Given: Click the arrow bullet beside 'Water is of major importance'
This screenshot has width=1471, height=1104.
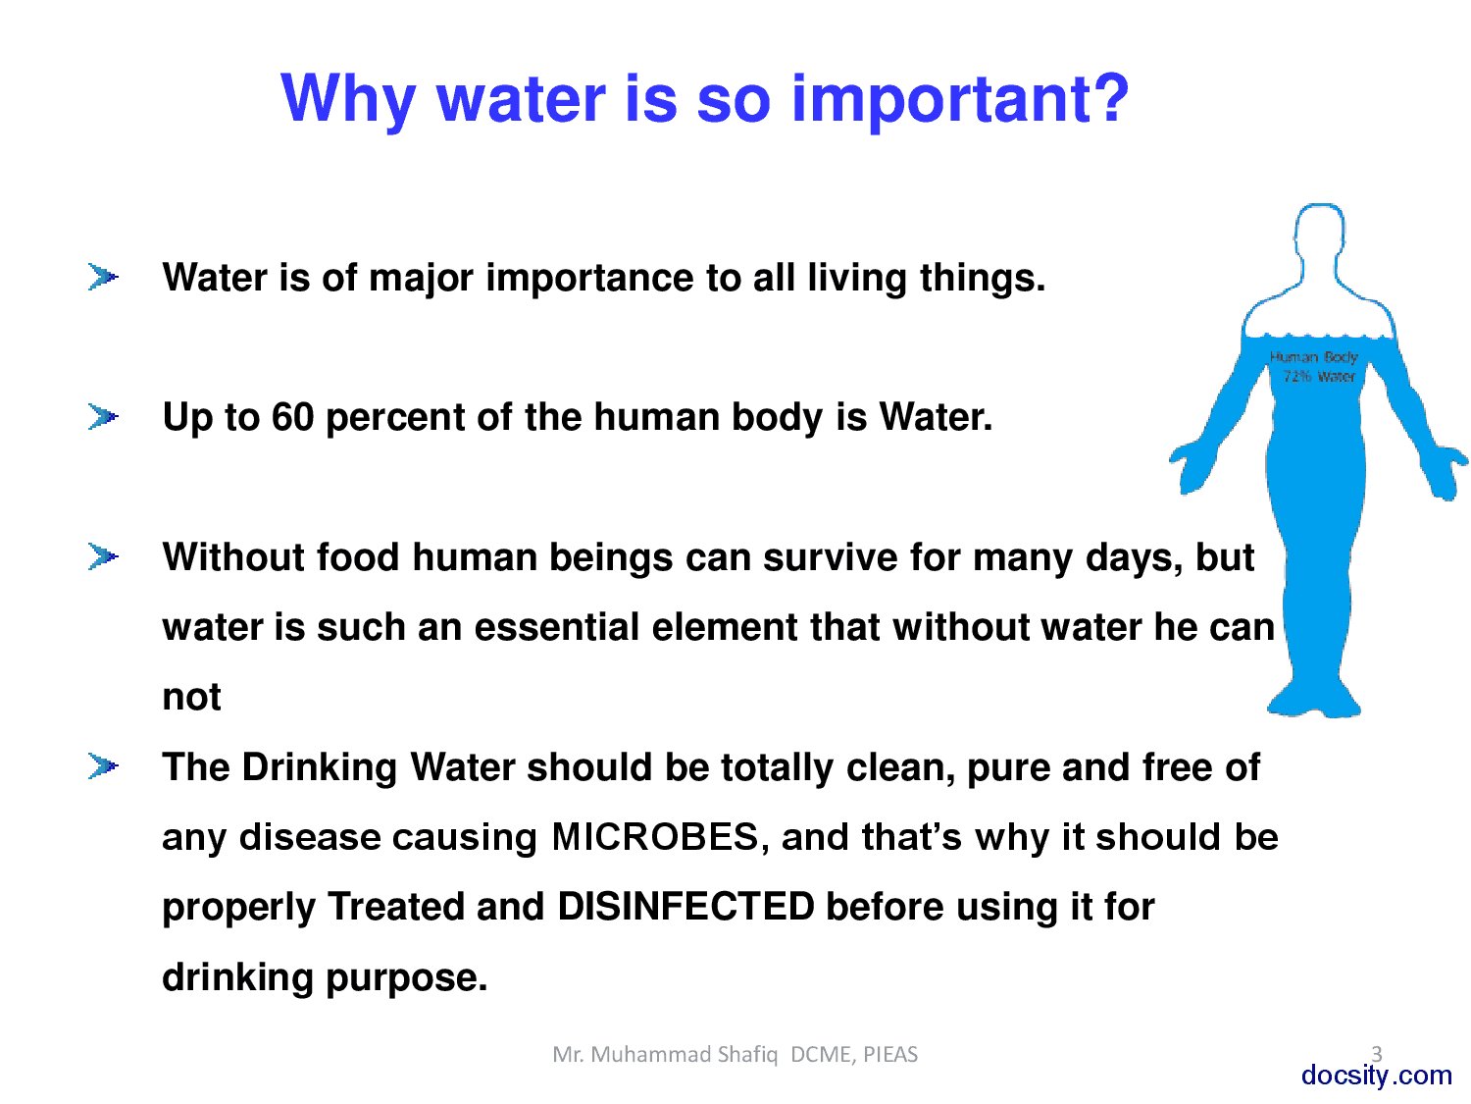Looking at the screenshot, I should (102, 278).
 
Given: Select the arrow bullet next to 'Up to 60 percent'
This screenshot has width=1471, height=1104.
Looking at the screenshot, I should (102, 417).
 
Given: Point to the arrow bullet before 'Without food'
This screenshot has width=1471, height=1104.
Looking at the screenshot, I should (102, 556).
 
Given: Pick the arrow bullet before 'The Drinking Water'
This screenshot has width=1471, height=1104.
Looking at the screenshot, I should (102, 765).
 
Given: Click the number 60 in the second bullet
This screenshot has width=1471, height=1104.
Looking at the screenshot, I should (292, 417).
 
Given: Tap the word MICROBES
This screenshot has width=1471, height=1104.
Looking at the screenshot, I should (655, 837).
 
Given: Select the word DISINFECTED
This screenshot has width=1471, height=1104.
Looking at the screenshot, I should (685, 907).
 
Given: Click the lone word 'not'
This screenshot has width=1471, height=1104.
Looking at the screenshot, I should (191, 697).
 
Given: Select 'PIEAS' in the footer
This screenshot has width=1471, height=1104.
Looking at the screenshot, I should (890, 1055).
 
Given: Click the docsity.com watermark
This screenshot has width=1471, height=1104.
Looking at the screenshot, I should (1376, 1076).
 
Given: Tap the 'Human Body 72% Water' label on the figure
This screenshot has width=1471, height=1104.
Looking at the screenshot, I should (1314, 366).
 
